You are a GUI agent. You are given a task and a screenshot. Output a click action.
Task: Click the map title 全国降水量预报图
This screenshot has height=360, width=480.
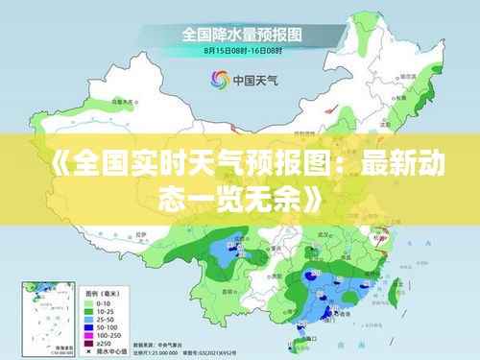pos(239,34)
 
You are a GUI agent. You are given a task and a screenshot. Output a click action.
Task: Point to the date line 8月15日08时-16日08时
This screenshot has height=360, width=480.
pos(239,49)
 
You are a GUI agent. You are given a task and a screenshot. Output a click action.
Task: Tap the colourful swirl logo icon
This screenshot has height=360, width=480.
pos(219,80)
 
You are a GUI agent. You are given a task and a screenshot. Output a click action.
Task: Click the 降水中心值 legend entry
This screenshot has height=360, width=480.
pos(104,350)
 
